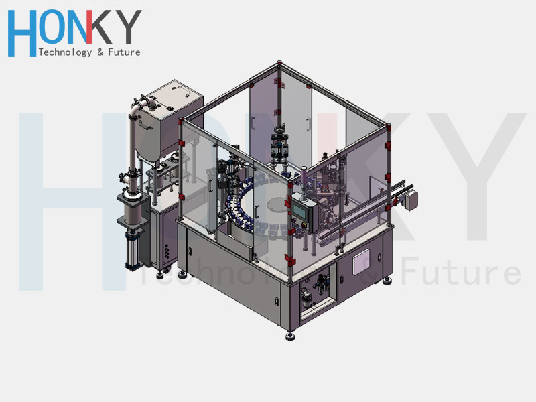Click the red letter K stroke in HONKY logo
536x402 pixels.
point(89,27)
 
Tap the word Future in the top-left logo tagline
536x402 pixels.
point(124,52)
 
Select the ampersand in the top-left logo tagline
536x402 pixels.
point(100,52)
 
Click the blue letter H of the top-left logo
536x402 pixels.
point(22,33)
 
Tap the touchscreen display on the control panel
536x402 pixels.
point(299,211)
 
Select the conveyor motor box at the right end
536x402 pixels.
point(410,200)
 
